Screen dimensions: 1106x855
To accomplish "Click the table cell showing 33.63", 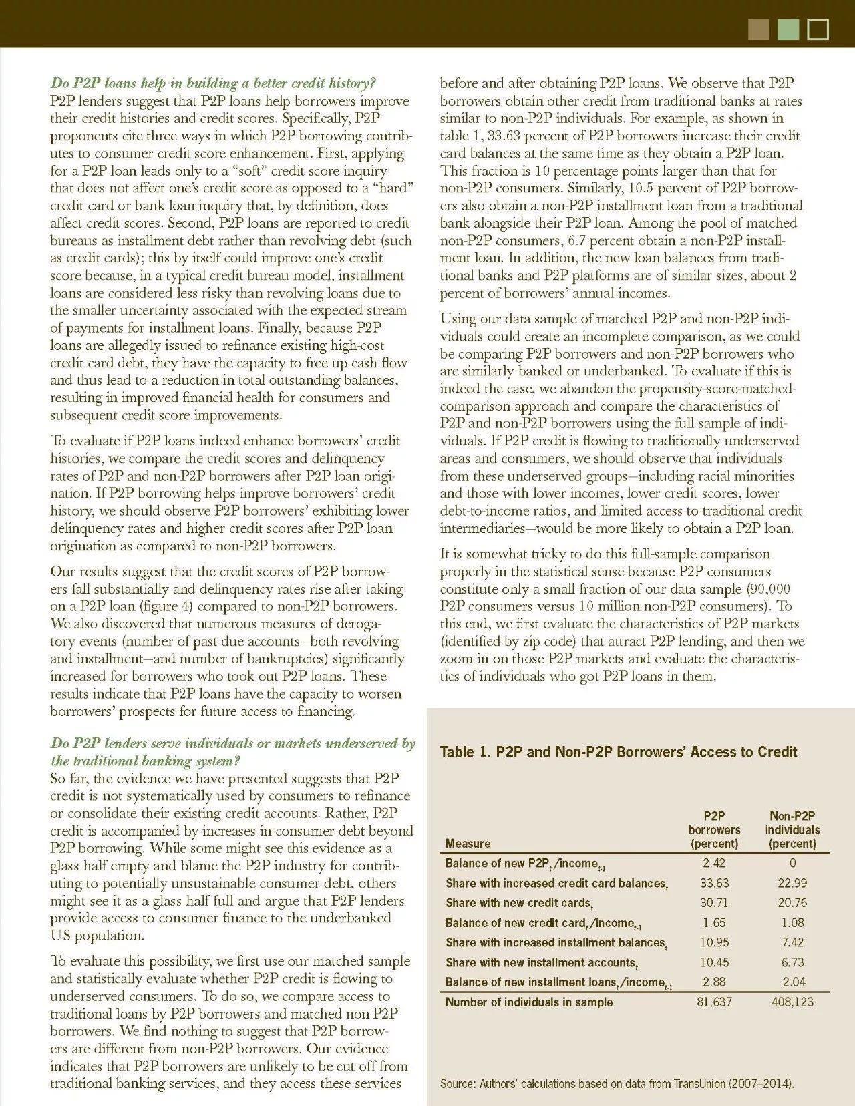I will coord(714,883).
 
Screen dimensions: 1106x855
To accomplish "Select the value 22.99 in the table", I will coord(792,883).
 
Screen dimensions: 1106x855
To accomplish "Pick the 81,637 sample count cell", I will coord(714,1002).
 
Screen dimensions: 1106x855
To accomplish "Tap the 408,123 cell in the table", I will coord(792,1002).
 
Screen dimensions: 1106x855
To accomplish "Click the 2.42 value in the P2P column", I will coord(714,863).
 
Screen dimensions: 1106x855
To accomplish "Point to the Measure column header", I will coord(468,844).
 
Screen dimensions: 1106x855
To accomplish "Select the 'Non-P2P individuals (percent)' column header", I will coord(792,829).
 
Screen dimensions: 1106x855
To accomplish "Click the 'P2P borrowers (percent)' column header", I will coord(714,829).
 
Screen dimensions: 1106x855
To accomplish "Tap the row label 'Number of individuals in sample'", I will coord(528,1002).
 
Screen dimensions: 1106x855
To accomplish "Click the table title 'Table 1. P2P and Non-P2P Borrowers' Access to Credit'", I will coord(618,752).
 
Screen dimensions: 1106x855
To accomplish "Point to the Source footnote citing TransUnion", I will coord(617,1083).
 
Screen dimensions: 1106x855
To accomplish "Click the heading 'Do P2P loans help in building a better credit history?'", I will coord(213,83).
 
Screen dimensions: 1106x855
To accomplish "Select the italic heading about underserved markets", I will coord(232,752).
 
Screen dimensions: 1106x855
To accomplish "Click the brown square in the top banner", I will coord(759,30).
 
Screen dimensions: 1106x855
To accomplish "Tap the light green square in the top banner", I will coord(788,30).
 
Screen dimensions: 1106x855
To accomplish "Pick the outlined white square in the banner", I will coord(818,30).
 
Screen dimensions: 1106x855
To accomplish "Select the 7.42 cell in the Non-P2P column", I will coord(792,942).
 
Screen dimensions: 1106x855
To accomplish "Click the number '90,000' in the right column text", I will coord(768,589).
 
